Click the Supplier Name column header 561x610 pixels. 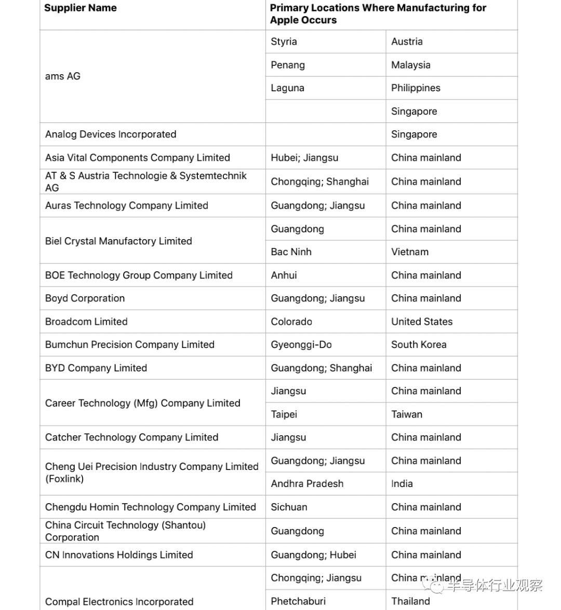pyautogui.click(x=81, y=8)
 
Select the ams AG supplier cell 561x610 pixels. pyautogui.click(x=63, y=76)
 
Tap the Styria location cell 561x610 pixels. pyautogui.click(x=284, y=41)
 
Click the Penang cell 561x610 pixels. pyautogui.click(x=288, y=65)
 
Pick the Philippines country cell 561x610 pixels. pyautogui.click(x=416, y=88)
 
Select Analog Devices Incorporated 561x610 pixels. pyautogui.click(x=111, y=134)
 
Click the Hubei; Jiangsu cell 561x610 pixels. pyautogui.click(x=304, y=158)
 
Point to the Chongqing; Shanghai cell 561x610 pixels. pyautogui.click(x=319, y=182)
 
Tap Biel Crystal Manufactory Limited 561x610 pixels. pyautogui.click(x=118, y=241)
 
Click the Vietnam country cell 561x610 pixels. pyautogui.click(x=410, y=252)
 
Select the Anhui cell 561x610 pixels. pyautogui.click(x=284, y=275)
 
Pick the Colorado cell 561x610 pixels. pyautogui.click(x=291, y=322)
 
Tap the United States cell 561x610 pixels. pyautogui.click(x=422, y=322)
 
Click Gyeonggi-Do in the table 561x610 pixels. pyautogui.click(x=301, y=344)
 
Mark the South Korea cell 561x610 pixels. pyautogui.click(x=419, y=344)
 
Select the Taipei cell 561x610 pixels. pyautogui.click(x=284, y=414)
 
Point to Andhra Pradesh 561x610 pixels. pyautogui.click(x=307, y=484)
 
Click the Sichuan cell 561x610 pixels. pyautogui.click(x=289, y=507)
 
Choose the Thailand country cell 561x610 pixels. pyautogui.click(x=410, y=601)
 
